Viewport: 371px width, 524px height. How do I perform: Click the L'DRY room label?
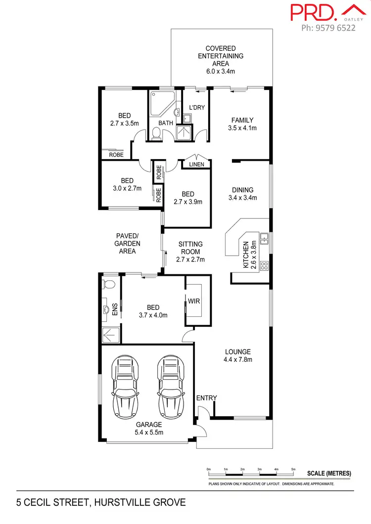pyautogui.click(x=197, y=107)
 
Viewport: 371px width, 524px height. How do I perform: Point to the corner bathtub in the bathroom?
pyautogui.click(x=162, y=104)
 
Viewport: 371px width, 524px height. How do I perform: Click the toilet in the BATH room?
pyautogui.click(x=156, y=133)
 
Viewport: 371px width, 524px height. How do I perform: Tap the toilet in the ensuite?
pyautogui.click(x=108, y=284)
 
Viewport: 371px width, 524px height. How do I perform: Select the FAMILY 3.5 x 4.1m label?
pyautogui.click(x=242, y=124)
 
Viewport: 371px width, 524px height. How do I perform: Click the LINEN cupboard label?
pyautogui.click(x=196, y=164)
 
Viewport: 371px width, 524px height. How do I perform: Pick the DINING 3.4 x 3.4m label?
pyautogui.click(x=242, y=194)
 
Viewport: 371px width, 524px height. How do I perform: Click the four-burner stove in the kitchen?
pyautogui.click(x=265, y=265)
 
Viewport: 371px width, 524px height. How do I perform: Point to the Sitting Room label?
pyautogui.click(x=190, y=251)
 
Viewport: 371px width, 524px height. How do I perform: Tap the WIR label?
pyautogui.click(x=193, y=300)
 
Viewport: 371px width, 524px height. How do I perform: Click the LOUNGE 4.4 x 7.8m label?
pyautogui.click(x=238, y=355)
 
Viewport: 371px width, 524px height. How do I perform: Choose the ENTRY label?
pyautogui.click(x=206, y=398)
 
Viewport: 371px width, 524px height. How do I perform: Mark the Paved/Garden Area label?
pyautogui.click(x=128, y=243)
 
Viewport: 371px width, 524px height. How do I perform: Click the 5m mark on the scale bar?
pyautogui.click(x=293, y=469)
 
